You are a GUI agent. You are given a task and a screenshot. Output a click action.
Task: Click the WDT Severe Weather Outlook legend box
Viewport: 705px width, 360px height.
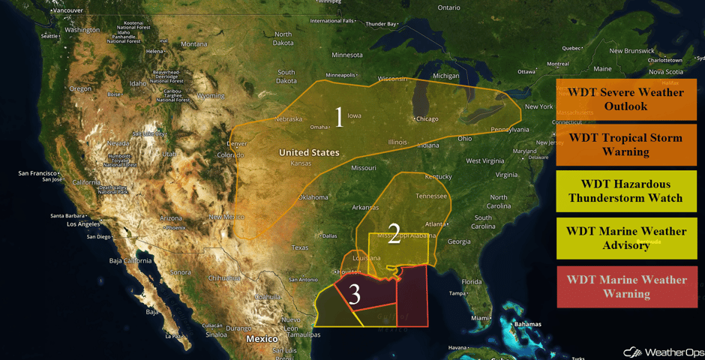626,99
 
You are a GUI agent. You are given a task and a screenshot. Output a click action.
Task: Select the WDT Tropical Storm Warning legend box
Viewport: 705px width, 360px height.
626,145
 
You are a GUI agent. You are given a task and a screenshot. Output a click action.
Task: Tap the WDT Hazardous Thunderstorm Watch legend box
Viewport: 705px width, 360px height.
626,190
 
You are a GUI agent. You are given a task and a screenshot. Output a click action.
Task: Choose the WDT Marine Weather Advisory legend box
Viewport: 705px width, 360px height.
626,238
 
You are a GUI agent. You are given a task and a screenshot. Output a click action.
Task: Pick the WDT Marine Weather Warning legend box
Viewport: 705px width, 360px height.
626,286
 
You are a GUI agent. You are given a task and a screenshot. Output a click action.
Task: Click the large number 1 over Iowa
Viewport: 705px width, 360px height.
339,117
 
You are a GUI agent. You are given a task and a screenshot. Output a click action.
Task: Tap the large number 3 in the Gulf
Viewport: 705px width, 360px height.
355,295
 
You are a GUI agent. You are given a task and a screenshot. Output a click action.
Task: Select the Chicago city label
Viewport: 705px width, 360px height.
427,118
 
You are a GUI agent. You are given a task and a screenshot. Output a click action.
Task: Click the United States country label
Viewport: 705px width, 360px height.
309,152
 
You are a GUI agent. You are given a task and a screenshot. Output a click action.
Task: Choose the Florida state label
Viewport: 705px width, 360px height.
470,282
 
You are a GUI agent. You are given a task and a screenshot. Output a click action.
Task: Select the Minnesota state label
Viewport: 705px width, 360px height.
346,55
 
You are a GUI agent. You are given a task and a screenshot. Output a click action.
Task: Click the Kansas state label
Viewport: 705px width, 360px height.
301,163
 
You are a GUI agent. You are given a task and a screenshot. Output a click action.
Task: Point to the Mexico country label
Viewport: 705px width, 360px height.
262,339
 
